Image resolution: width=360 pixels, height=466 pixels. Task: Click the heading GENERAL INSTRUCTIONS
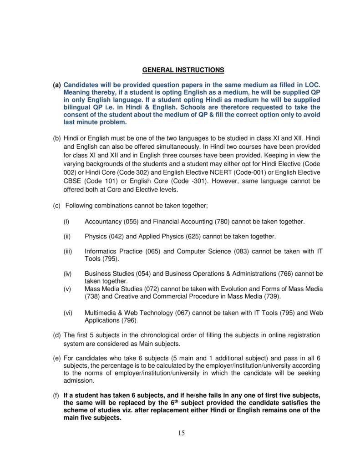pyautogui.click(x=183, y=70)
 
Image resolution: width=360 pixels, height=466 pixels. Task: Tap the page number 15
pyautogui.click(x=181, y=433)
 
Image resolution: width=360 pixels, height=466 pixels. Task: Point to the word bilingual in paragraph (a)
pyautogui.click(x=78, y=108)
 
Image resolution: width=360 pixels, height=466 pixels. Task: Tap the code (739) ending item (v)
pyautogui.click(x=272, y=297)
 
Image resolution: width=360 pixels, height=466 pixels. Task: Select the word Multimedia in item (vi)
pyautogui.click(x=100, y=313)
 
